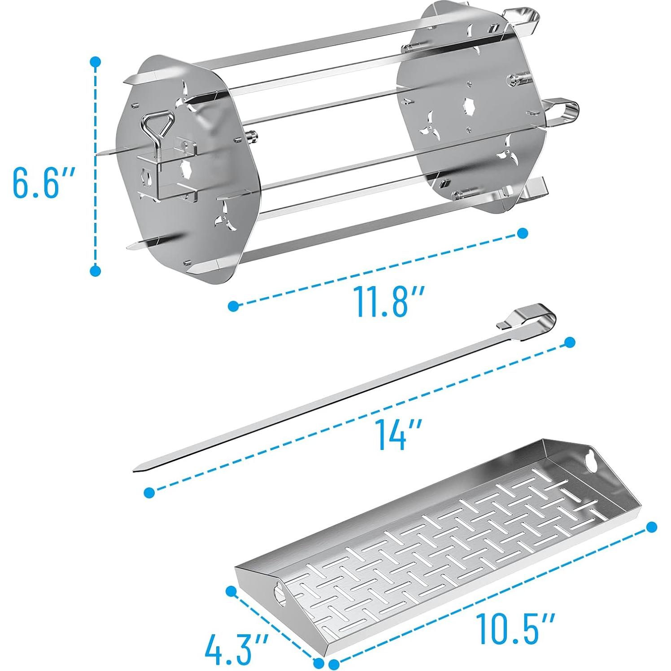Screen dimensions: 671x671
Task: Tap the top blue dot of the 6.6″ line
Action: tap(95, 62)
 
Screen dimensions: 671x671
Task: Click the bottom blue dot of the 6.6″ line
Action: tap(95, 270)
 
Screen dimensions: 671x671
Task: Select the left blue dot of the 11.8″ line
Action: tap(233, 306)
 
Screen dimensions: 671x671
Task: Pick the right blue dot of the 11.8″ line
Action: tap(522, 233)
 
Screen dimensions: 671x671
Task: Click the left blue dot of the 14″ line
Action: tap(150, 492)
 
